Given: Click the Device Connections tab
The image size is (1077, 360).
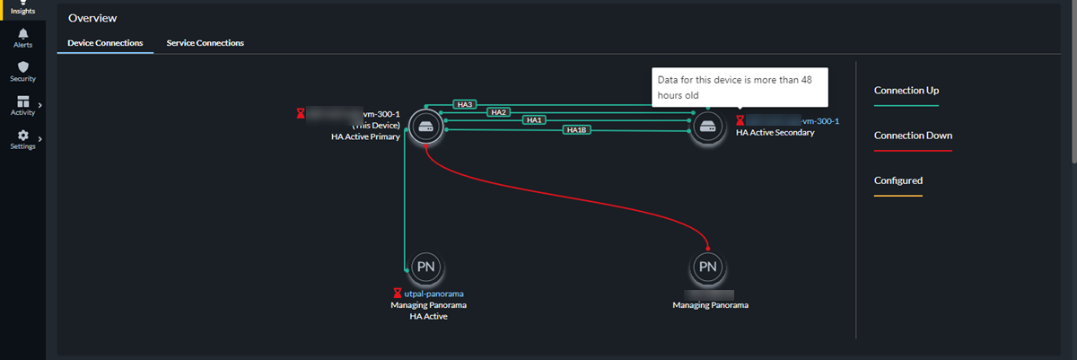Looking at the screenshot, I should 105,43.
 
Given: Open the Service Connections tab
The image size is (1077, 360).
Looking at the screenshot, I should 206,43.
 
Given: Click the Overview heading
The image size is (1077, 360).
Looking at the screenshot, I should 92,18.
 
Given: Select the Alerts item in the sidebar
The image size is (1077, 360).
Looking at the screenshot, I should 22,37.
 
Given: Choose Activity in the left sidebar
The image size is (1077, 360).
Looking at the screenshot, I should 22,105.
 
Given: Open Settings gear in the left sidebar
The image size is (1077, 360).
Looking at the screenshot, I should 22,139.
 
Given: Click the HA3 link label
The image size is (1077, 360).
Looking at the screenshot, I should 465,104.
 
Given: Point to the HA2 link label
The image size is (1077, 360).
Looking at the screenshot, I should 499,112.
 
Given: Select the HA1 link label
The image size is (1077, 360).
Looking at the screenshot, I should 534,120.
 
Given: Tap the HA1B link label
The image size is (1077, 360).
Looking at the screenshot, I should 575,130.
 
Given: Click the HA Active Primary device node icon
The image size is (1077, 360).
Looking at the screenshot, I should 423,127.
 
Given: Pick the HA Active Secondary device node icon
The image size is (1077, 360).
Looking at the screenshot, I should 708,127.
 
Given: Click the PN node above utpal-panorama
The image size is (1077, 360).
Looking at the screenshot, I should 425,267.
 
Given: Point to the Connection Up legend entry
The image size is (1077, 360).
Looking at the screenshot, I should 906,91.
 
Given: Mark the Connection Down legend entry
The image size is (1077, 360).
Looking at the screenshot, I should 913,136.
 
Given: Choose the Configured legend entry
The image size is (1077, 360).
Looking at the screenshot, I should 898,180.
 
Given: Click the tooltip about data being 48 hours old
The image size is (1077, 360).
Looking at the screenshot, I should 740,87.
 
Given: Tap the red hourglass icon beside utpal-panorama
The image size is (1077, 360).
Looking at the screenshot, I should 397,294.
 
